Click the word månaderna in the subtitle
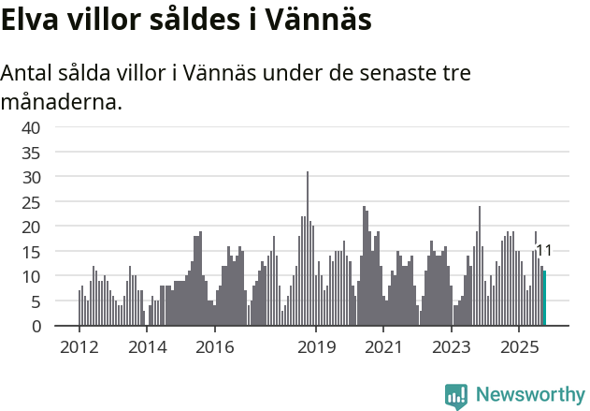[x=62, y=101]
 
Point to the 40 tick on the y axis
[x=31, y=127]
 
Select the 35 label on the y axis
[x=31, y=152]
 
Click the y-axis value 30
[x=31, y=177]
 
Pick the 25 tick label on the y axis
[x=31, y=201]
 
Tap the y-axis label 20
[x=31, y=227]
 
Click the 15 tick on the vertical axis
[x=31, y=252]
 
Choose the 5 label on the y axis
[x=36, y=301]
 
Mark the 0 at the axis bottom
[x=36, y=326]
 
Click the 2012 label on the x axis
[x=79, y=347]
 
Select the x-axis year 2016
[x=215, y=347]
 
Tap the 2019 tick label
[x=316, y=347]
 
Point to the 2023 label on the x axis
[x=452, y=347]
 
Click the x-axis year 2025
[x=520, y=347]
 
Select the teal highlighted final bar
[x=544, y=299]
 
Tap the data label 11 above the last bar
[x=543, y=250]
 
